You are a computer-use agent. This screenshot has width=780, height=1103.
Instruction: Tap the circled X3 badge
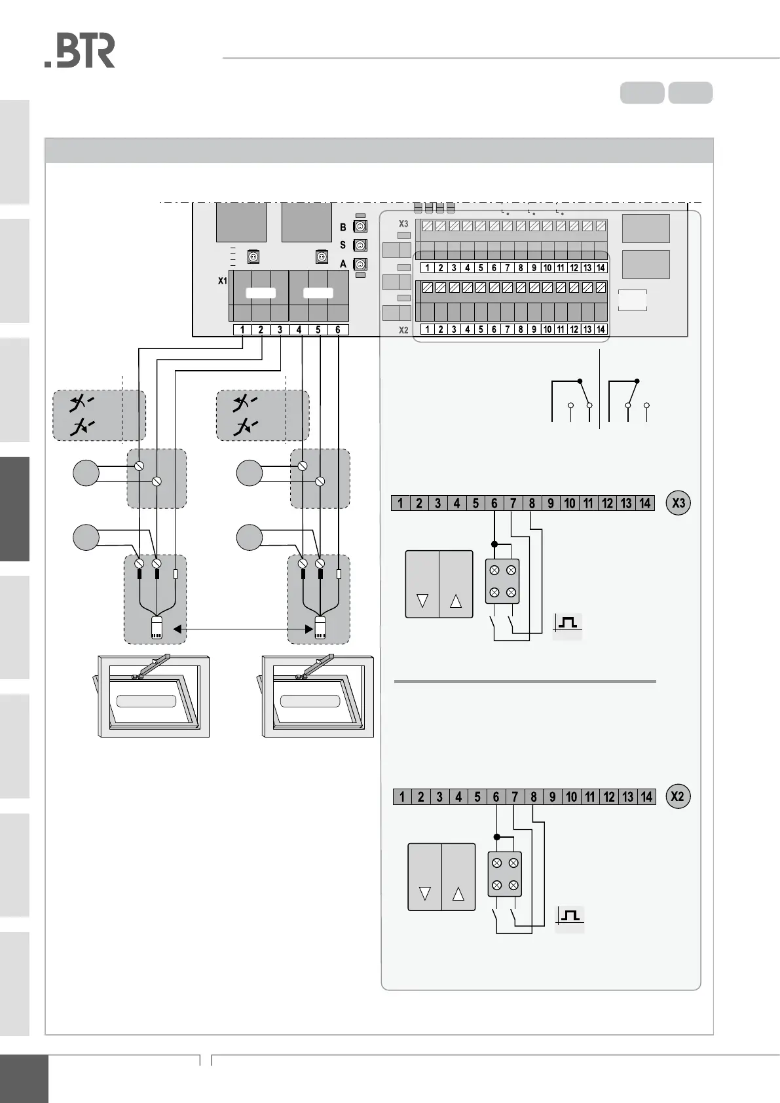[678, 502]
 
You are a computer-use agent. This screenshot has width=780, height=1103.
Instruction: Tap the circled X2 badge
[677, 796]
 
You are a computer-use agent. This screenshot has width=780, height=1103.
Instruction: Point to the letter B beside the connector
[343, 227]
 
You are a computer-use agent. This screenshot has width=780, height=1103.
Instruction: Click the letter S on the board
[343, 246]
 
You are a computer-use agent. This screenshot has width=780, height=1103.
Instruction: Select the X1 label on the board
[223, 281]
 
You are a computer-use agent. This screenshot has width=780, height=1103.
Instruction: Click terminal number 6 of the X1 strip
[338, 329]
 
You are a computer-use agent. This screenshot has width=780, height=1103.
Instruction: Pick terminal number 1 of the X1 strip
[242, 329]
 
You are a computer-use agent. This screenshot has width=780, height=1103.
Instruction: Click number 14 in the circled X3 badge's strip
[644, 503]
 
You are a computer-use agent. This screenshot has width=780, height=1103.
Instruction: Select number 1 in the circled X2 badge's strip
[401, 796]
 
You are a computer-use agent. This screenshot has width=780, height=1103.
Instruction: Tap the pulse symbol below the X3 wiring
[568, 623]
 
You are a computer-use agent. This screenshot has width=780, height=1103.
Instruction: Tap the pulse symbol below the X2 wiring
[570, 916]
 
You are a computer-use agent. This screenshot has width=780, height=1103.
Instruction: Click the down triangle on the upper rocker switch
[422, 600]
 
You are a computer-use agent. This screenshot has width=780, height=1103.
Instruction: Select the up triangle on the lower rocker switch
[458, 893]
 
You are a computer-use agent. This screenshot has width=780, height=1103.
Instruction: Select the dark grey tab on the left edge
[14, 509]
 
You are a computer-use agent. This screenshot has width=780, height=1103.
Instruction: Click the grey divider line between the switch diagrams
[525, 681]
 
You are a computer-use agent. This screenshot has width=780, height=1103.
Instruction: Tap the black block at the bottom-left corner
[24, 1078]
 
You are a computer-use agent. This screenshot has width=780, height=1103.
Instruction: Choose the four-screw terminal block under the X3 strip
[502, 581]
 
